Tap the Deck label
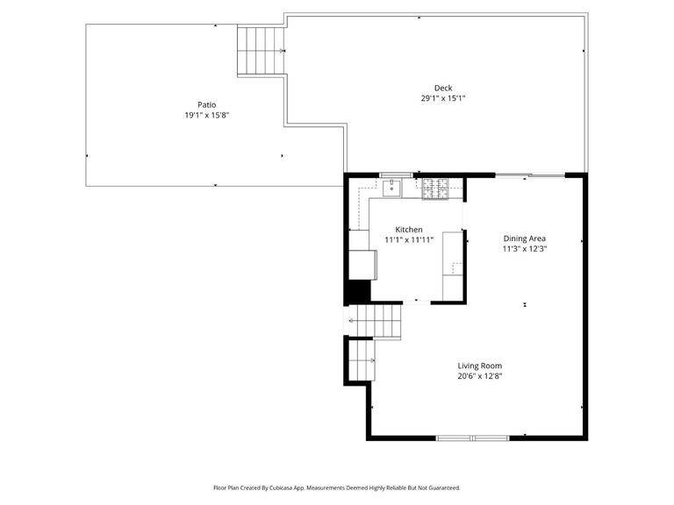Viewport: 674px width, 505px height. (x=442, y=88)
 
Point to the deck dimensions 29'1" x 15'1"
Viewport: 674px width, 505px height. (x=442, y=98)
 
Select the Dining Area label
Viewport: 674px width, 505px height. (x=525, y=238)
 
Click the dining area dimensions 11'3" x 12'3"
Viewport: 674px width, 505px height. (x=525, y=248)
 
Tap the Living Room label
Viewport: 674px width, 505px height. (x=479, y=366)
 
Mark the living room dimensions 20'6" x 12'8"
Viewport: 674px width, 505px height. (x=479, y=376)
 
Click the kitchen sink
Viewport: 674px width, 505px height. (x=391, y=187)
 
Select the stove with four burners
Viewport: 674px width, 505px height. (x=434, y=188)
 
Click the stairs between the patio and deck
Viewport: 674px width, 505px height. (x=262, y=51)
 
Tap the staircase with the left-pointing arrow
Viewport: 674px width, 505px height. (x=376, y=321)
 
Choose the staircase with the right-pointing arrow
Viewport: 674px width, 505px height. (x=362, y=360)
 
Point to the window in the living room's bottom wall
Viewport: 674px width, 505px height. (x=472, y=437)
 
